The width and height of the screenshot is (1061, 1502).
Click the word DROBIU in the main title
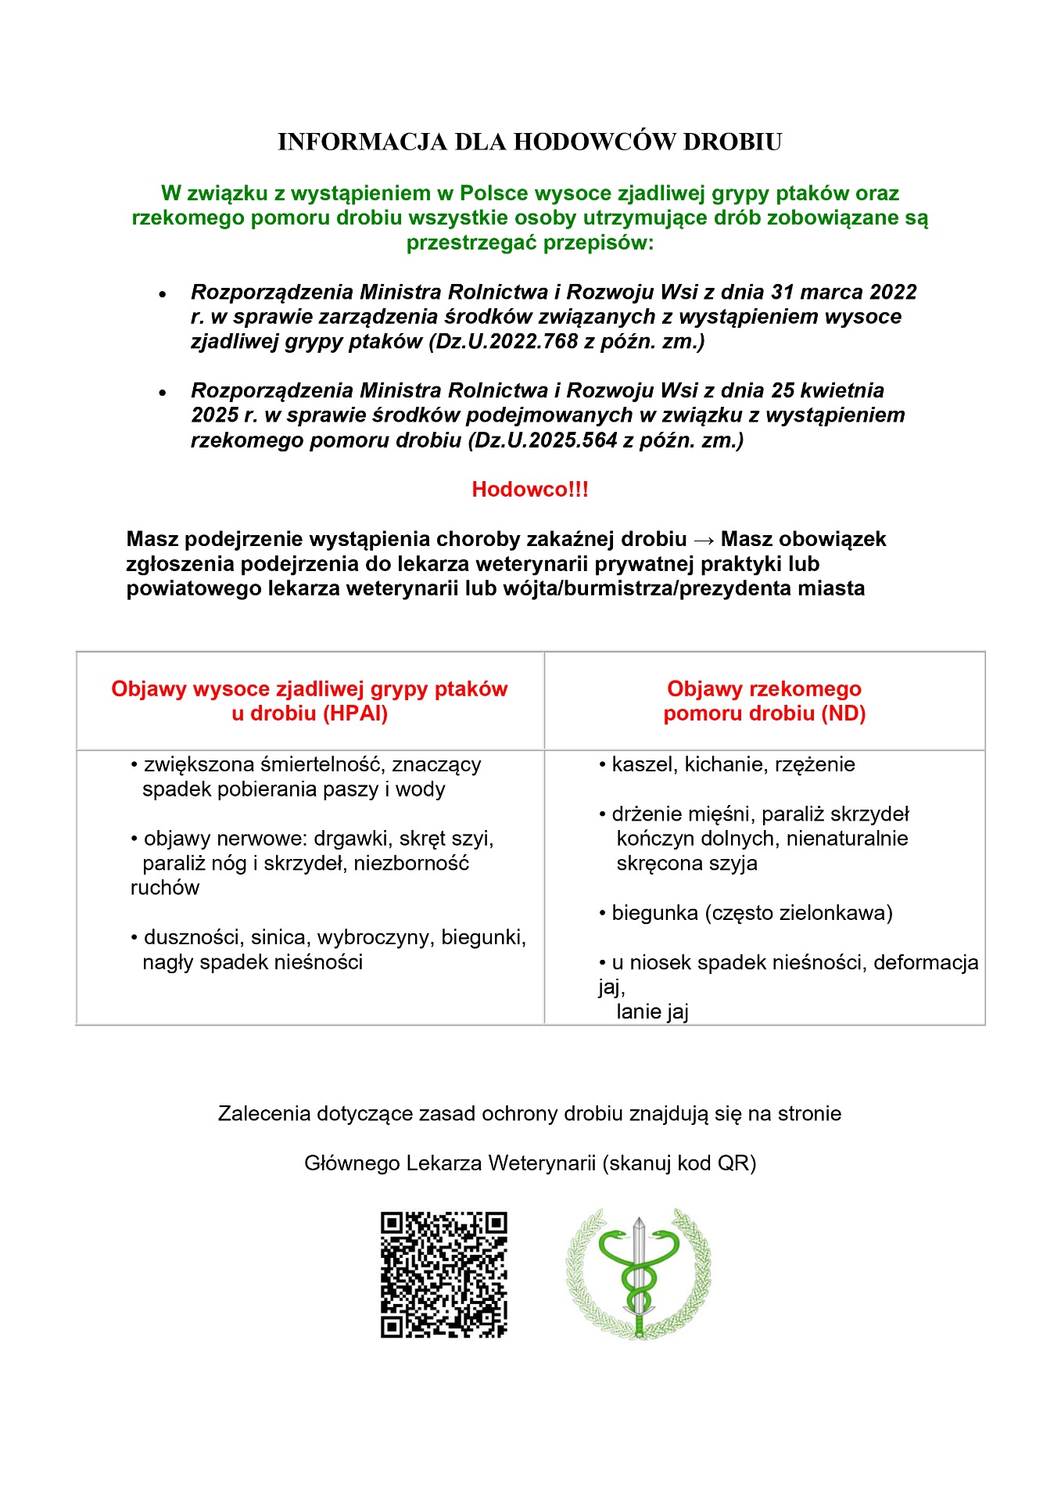click(733, 142)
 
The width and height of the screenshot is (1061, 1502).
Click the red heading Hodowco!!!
click(529, 490)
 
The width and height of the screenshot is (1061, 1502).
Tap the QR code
click(443, 1274)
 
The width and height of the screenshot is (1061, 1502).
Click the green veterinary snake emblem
click(638, 1273)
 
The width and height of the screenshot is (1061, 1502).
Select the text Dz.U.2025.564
click(545, 440)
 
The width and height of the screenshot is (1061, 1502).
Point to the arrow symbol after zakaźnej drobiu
click(703, 540)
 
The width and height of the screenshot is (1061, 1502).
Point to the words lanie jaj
click(652, 1012)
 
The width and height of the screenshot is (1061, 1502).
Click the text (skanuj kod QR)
click(679, 1163)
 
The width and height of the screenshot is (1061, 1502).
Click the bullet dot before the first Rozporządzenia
click(163, 295)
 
